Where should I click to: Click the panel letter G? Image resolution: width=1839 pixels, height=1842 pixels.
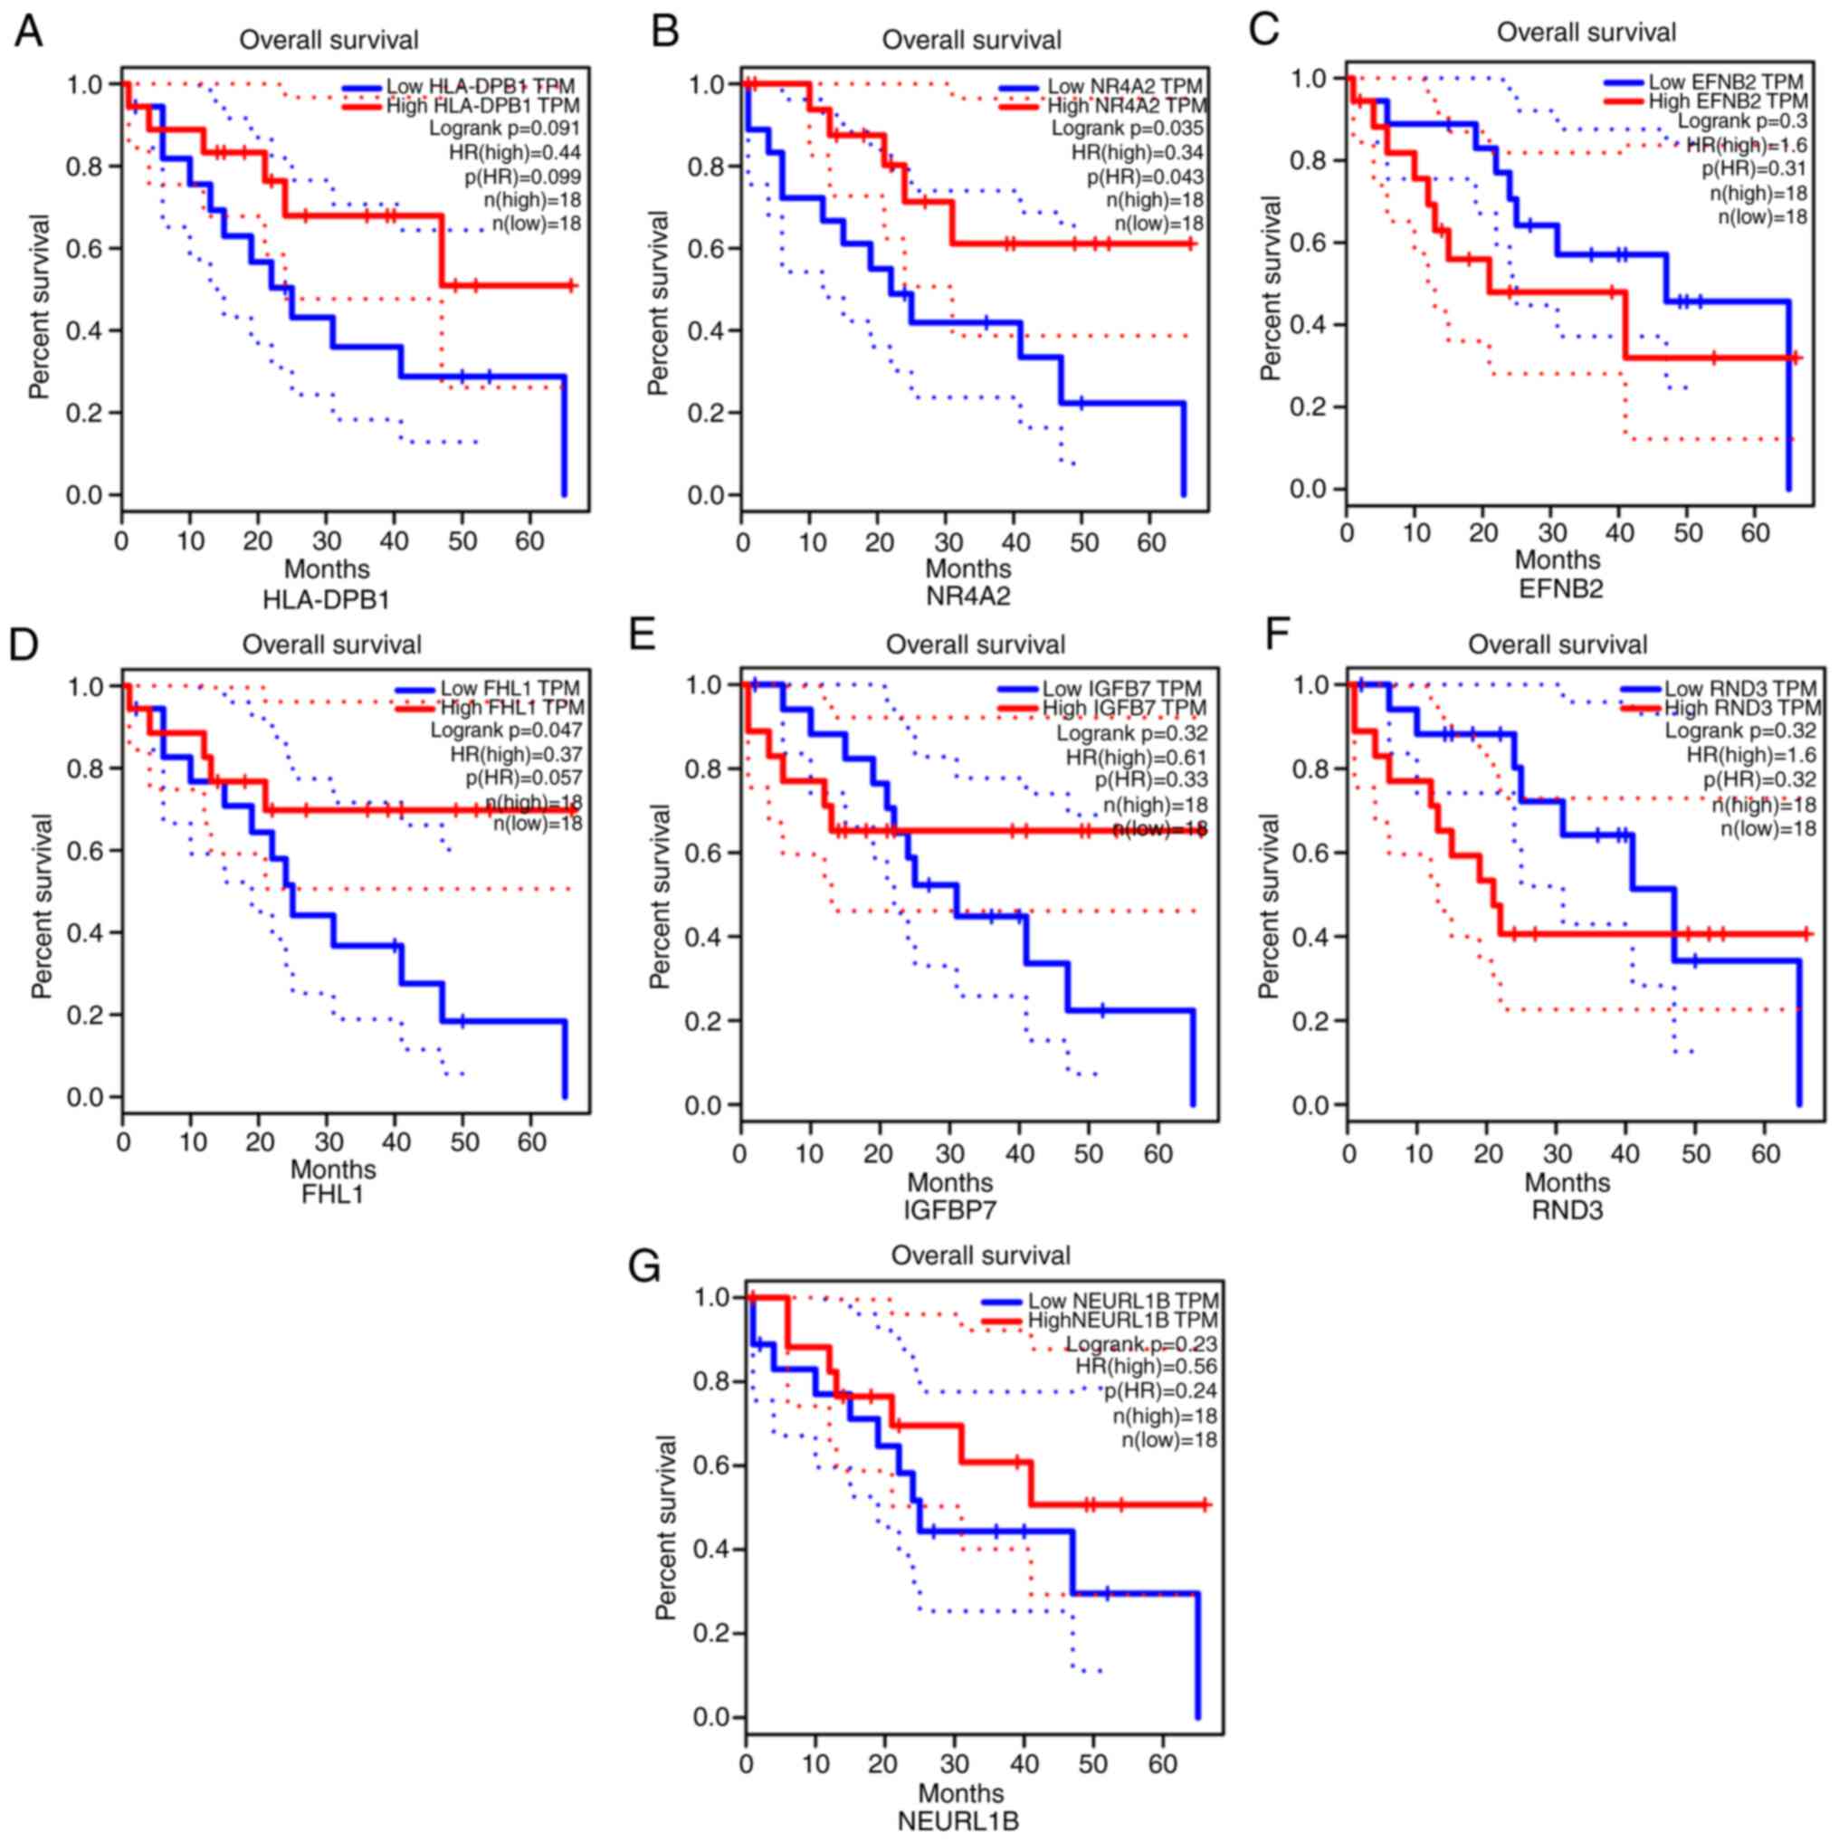644,1266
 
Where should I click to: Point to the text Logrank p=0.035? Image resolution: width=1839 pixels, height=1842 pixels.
1127,129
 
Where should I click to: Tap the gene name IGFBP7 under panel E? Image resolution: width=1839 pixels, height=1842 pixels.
949,1210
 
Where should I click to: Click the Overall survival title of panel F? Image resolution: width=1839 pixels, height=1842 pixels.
1557,645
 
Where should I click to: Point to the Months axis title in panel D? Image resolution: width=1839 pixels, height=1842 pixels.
333,1169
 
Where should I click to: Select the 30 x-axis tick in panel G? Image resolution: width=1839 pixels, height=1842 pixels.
953,1763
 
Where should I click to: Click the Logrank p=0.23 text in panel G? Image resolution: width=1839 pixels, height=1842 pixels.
1140,1344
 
